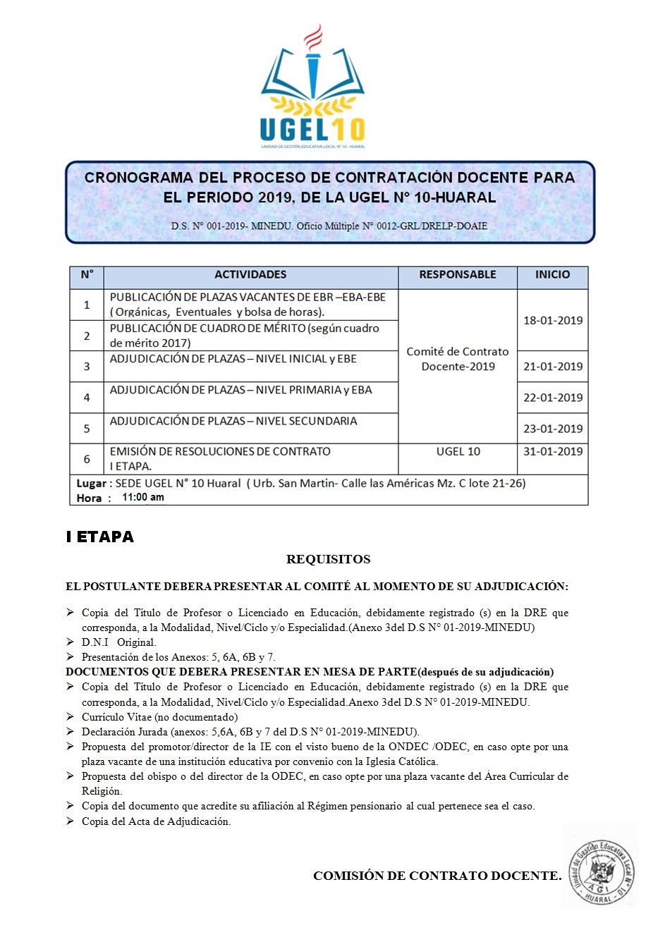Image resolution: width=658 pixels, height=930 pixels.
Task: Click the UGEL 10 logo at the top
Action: coord(312,88)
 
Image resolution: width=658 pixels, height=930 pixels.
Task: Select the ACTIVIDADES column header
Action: coord(250,275)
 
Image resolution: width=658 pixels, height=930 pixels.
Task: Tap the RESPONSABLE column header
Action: coord(458,275)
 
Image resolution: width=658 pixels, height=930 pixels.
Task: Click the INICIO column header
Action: coord(552,275)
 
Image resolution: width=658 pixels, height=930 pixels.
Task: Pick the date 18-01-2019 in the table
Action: coord(553,320)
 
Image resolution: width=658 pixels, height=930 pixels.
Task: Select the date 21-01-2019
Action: coord(553,367)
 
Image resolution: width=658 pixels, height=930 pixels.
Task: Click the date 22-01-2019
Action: coord(553,398)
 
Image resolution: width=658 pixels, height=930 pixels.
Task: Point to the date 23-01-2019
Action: coord(553,429)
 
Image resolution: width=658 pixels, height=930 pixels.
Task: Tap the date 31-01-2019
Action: coord(553,451)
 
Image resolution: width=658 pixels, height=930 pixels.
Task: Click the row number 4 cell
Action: coord(87,398)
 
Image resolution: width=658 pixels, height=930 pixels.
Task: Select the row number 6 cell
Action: coord(87,459)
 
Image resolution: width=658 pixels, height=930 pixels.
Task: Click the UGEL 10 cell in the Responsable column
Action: coord(458,451)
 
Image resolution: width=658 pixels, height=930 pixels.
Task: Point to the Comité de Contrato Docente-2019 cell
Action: coord(458,359)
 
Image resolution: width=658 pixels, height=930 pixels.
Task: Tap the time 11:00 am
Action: coord(143,497)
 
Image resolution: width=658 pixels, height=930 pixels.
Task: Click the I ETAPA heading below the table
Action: coord(100,537)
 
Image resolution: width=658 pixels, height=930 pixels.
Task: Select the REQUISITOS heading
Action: coord(328,560)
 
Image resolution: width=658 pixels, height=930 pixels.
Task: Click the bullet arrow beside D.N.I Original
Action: coord(71,642)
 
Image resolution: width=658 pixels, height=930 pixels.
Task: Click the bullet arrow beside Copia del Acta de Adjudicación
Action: coord(71,821)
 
